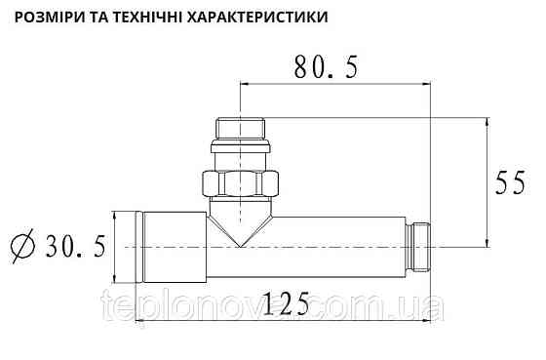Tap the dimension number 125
[x=284, y=305]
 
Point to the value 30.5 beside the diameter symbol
[x=74, y=247]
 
